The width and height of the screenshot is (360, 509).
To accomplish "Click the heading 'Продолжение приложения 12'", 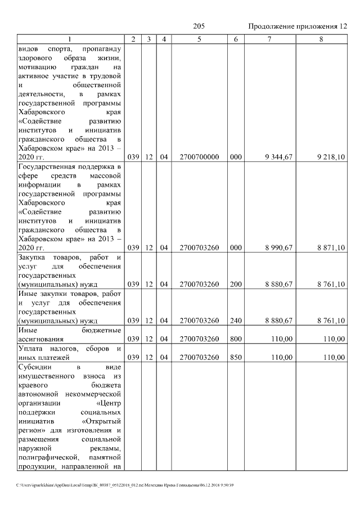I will point(298,26).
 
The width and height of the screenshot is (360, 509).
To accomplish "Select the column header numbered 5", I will point(200,39).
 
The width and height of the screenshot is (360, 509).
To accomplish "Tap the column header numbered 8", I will point(321,39).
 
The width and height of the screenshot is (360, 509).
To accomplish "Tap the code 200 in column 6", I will point(236,284).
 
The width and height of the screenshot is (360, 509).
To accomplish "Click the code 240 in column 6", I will point(236,321).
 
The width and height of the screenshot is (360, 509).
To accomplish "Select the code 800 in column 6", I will point(236,339).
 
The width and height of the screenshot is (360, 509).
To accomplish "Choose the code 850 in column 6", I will point(236,357).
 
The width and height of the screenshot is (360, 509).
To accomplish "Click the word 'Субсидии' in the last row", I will point(35,367).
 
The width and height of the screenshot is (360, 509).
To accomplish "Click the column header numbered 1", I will point(70,39).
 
